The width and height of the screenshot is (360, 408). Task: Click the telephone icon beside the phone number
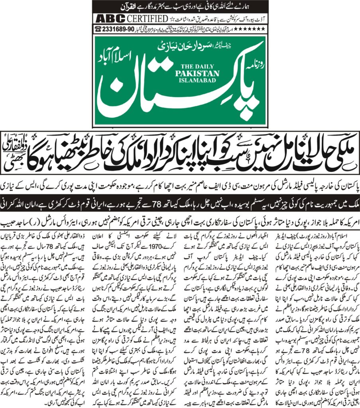(97, 29)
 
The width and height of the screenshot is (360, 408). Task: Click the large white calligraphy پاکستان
(179, 96)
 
